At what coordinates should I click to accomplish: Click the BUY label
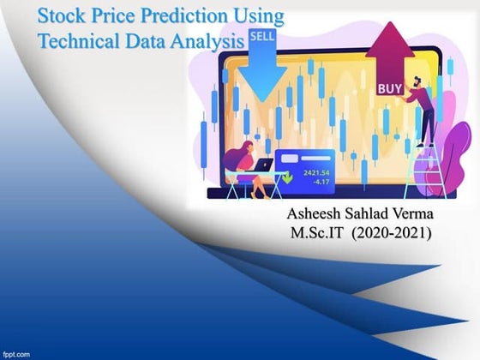[x=388, y=88]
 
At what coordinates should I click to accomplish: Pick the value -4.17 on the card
[x=318, y=182]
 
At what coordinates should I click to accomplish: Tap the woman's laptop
[x=266, y=165]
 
